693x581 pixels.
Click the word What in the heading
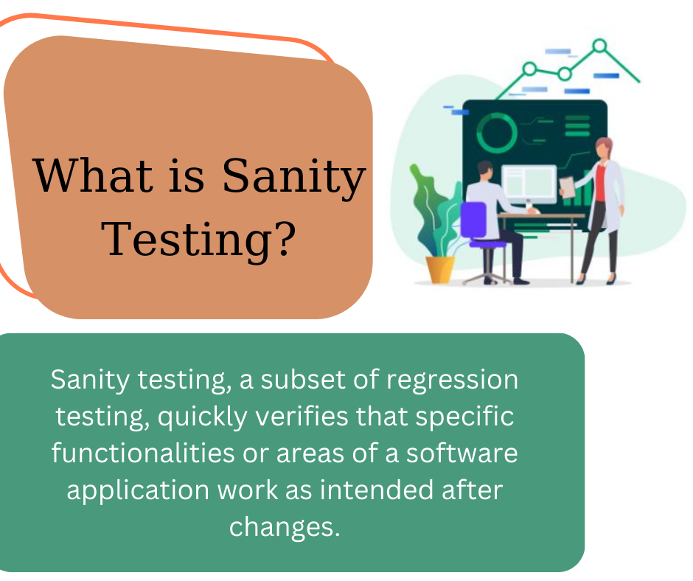click(93, 175)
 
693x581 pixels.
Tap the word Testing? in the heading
click(199, 239)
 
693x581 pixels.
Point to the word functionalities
click(143, 453)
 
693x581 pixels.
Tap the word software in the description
click(462, 453)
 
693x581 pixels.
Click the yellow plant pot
click(439, 269)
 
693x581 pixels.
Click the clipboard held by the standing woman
click(567, 187)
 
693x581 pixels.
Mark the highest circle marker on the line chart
click(600, 46)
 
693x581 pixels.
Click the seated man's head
click(485, 170)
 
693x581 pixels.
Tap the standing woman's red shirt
click(600, 182)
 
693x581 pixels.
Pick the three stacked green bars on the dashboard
click(577, 126)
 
